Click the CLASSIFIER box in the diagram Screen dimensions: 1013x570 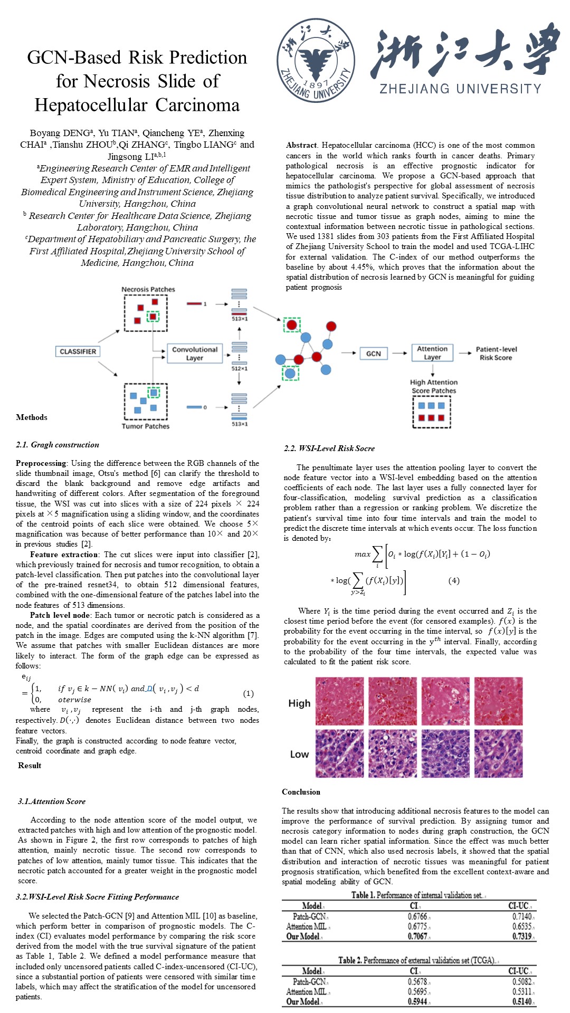click(78, 351)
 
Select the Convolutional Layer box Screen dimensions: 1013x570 click(195, 353)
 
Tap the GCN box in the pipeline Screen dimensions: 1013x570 click(373, 353)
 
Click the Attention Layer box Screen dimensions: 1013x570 click(432, 353)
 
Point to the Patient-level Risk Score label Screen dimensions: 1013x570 click(496, 353)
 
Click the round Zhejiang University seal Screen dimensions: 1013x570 click(316, 61)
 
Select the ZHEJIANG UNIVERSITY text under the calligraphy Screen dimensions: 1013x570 click(461, 89)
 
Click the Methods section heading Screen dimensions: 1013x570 click(32, 417)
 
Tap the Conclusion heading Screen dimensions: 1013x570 click(301, 792)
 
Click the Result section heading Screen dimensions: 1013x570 click(30, 766)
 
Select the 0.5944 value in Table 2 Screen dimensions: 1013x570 click(417, 1001)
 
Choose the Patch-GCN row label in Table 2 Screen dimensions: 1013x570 click(309, 981)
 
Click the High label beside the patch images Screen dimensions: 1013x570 click(299, 703)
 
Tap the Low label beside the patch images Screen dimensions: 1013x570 click(299, 754)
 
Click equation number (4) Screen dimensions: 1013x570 click(453, 580)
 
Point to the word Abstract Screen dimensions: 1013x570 click(301, 145)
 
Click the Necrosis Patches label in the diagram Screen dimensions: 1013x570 click(148, 289)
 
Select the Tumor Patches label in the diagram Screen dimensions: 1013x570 click(146, 426)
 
